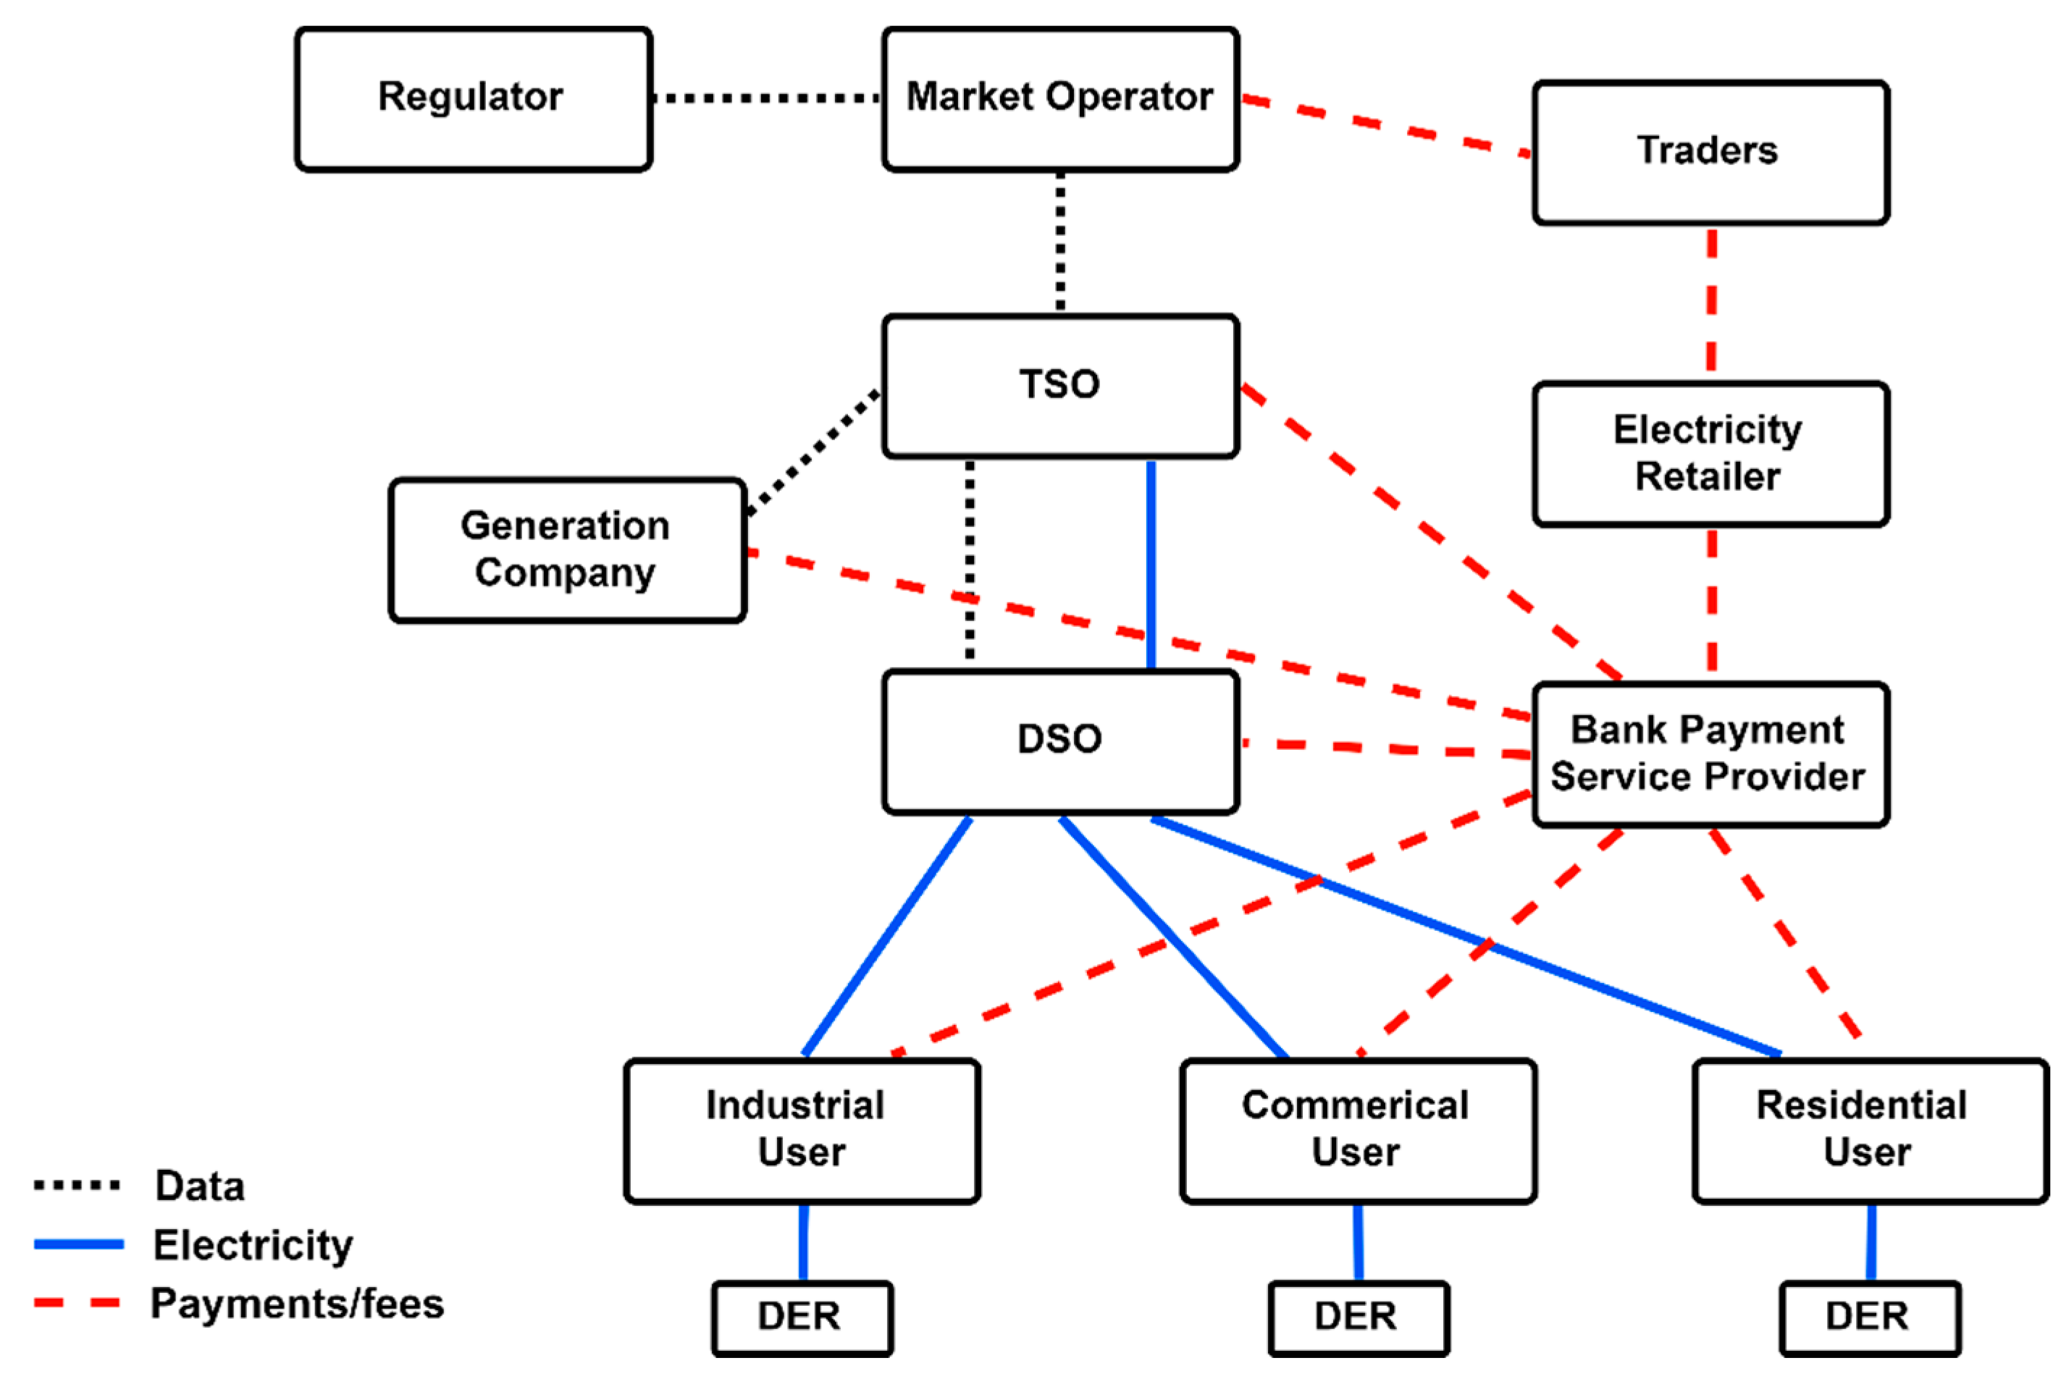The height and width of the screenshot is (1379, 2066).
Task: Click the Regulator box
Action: click(x=473, y=98)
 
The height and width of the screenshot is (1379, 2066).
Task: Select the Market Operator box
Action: click(x=1060, y=98)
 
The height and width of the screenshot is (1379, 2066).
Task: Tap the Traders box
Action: click(x=1710, y=152)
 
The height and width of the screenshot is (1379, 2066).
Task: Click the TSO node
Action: click(x=1060, y=385)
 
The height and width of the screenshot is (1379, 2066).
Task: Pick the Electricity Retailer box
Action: click(x=1710, y=454)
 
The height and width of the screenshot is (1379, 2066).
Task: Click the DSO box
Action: click(x=1060, y=741)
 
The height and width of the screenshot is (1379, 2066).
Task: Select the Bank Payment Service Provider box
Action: click(x=1710, y=754)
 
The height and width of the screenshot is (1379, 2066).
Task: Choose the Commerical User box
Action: click(x=1357, y=1130)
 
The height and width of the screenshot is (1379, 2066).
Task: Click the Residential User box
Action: click(x=1869, y=1130)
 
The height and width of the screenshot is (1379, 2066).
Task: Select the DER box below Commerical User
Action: click(x=1357, y=1317)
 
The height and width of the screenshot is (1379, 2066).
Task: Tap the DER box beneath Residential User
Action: click(x=1869, y=1317)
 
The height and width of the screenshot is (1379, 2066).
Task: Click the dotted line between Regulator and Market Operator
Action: click(x=767, y=98)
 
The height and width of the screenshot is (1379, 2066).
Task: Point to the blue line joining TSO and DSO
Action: click(x=1151, y=563)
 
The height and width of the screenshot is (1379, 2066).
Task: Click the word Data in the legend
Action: click(x=200, y=1186)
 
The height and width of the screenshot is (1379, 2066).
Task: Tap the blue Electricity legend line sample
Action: click(x=78, y=1244)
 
